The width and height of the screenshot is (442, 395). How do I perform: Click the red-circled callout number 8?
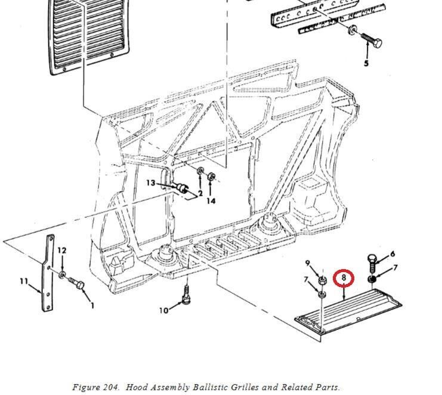[344, 277]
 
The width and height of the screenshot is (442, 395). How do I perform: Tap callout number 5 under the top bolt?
[366, 63]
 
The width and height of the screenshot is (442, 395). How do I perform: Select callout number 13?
[150, 183]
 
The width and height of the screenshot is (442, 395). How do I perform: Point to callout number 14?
[211, 201]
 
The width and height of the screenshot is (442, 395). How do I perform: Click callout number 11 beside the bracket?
[24, 280]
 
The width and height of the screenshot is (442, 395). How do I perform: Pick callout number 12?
[62, 251]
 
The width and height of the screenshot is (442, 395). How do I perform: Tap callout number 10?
[164, 310]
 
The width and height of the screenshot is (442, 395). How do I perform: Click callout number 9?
[308, 264]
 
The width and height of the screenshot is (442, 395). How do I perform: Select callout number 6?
[392, 254]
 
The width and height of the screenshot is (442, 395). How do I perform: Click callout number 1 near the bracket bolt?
[92, 306]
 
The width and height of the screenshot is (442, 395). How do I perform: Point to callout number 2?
[200, 193]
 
